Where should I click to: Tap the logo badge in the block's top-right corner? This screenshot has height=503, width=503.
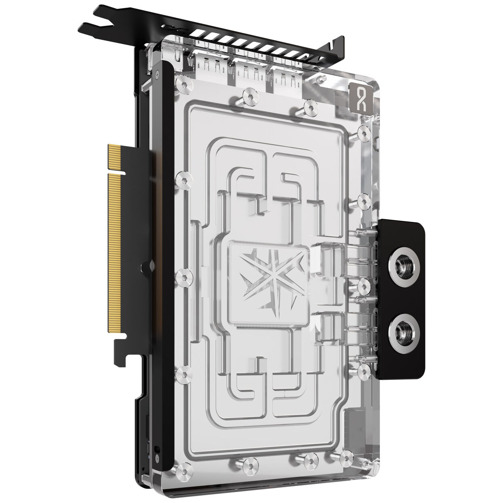point(358,96)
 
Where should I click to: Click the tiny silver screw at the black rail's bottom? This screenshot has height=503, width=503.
point(156,449)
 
